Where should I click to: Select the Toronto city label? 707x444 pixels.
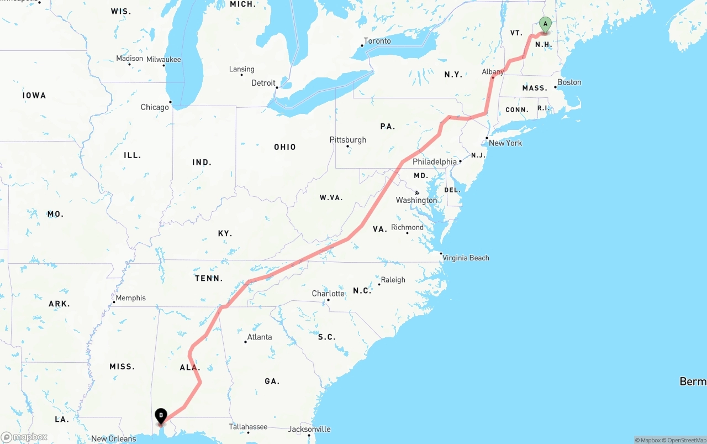coord(377,41)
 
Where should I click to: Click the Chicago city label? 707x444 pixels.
coord(155,107)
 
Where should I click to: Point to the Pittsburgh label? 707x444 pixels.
coord(348,140)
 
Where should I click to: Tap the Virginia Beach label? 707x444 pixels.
coord(466,258)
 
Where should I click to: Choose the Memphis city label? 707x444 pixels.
coord(131,298)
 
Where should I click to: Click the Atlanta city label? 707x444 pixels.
coord(260,337)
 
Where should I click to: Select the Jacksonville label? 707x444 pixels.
coord(309,429)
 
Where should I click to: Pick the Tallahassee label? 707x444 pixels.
coord(249,427)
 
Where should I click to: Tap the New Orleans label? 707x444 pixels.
coord(114,439)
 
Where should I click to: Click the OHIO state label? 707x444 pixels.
coord(285,147)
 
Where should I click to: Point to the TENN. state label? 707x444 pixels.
coord(209,279)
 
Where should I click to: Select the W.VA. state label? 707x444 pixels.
coord(331,197)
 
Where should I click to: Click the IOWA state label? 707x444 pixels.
coord(34,96)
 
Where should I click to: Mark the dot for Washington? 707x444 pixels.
coord(416,193)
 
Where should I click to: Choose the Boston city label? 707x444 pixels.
coord(569,82)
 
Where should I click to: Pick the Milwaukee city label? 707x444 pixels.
coord(163,60)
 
